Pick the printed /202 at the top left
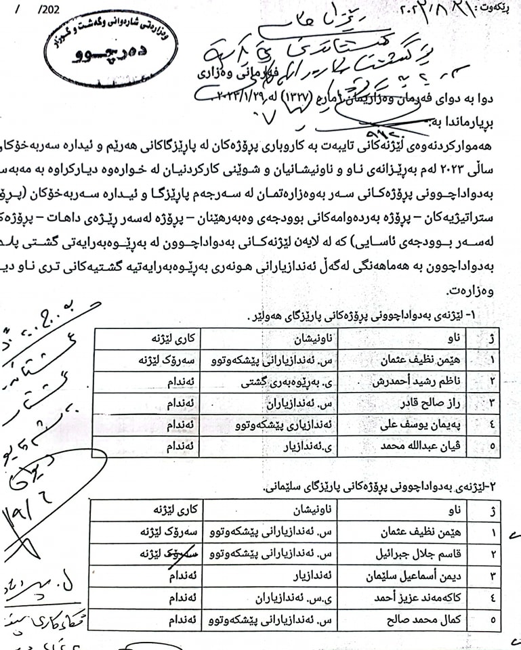click(x=49, y=9)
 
